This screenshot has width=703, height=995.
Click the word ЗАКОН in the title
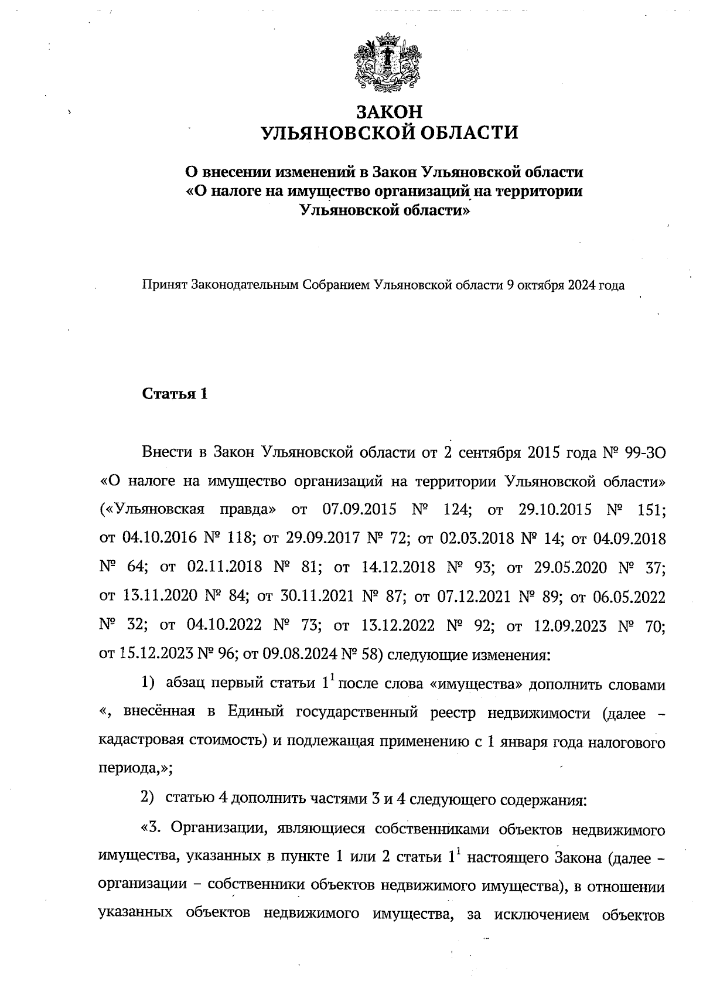point(389,111)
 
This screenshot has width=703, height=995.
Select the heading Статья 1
point(175,394)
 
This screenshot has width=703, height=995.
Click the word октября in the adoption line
point(542,286)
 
